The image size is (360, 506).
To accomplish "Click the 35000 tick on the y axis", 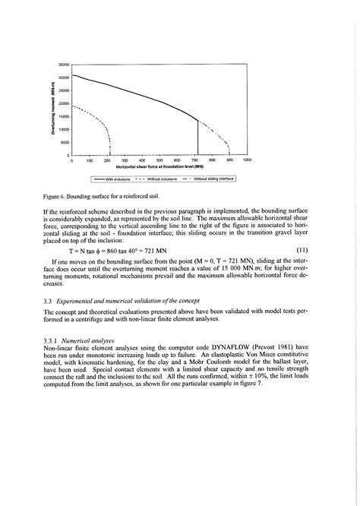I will pos(63,65).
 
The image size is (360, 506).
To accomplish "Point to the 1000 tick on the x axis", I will pos(247,160).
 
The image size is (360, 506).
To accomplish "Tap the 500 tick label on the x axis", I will pos(159,160).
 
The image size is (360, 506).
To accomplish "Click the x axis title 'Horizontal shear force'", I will pos(159,166).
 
